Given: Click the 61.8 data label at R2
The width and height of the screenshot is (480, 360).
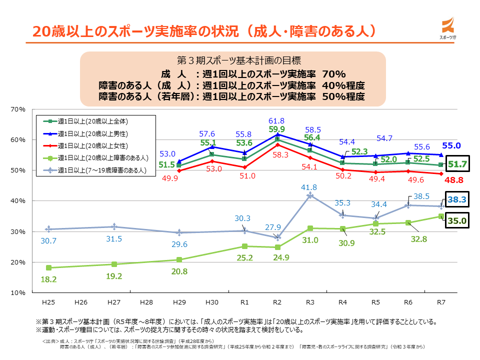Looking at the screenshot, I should (276, 121).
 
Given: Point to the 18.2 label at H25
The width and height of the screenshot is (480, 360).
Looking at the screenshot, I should (48, 279).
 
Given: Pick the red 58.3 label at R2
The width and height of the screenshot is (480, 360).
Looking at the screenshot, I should (277, 155).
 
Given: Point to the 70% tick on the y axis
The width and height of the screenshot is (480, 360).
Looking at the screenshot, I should (18, 109).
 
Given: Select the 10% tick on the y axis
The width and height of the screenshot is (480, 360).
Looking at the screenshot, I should (18, 292).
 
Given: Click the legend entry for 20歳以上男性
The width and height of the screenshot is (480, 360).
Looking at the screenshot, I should (93, 133).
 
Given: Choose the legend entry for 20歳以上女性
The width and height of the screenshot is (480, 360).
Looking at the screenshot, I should (93, 145).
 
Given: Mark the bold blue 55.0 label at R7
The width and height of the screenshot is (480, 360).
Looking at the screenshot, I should (450, 146).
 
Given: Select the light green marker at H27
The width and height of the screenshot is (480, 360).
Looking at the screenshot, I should (114, 264).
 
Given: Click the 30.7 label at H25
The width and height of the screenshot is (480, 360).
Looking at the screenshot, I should (48, 241).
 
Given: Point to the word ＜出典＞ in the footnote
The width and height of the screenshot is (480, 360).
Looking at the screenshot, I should (50, 340).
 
